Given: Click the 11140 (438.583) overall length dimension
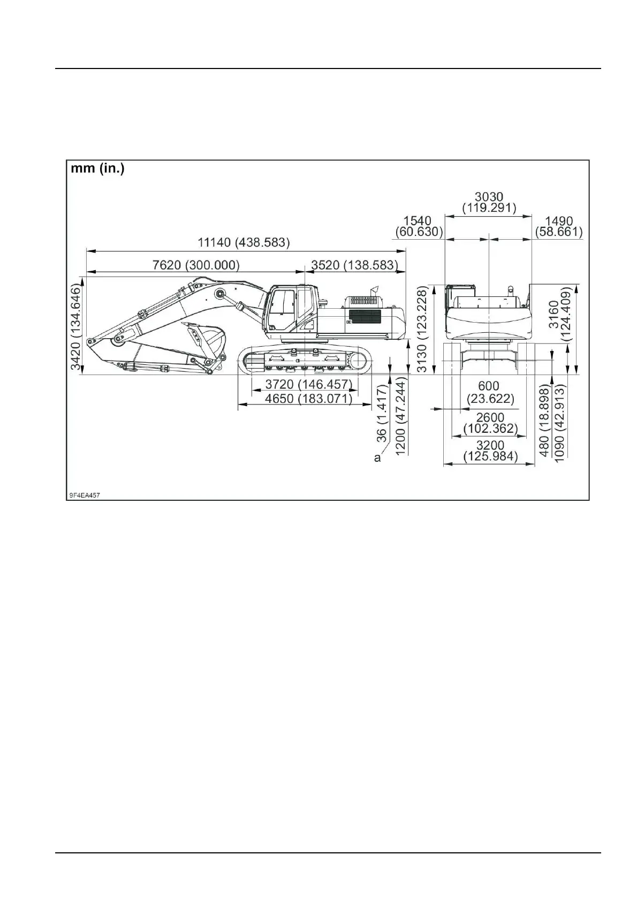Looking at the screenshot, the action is (x=244, y=242).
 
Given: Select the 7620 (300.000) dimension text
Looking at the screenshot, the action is (x=196, y=265).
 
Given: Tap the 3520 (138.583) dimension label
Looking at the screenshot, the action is (x=354, y=265).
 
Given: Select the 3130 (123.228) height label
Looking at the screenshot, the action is (x=423, y=329).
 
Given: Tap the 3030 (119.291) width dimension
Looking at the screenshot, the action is (x=489, y=202).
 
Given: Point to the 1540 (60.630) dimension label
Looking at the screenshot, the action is (x=418, y=226).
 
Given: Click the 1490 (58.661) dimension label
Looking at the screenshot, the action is (x=559, y=226).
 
